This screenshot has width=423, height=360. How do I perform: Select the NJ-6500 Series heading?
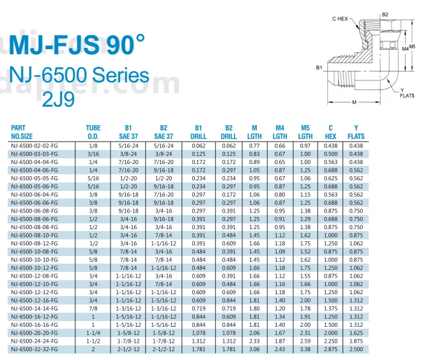tap(80, 76)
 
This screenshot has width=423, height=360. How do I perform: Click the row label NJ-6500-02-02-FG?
tap(34, 146)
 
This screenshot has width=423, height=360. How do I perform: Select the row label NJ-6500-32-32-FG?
tap(34, 349)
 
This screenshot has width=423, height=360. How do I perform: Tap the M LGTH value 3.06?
tap(254, 349)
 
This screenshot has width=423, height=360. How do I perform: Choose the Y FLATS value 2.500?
tap(356, 349)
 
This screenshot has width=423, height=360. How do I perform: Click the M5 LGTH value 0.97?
tap(305, 146)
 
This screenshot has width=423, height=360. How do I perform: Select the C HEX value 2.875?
tap(330, 349)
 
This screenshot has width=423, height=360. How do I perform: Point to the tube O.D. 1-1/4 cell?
tap(93, 333)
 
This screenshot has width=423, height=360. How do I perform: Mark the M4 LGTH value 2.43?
tap(279, 349)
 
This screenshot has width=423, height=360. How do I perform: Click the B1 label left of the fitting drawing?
tap(319, 66)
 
